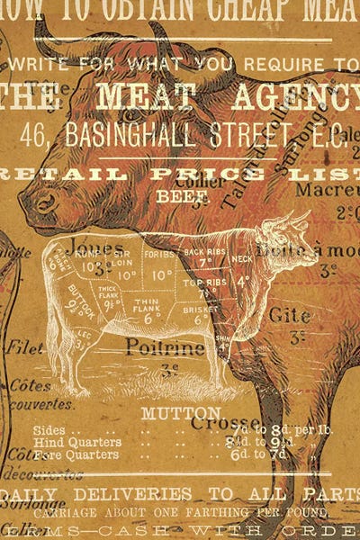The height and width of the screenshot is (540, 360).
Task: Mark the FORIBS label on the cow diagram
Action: (x=160, y=255)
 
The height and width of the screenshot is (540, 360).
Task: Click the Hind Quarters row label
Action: (x=77, y=442)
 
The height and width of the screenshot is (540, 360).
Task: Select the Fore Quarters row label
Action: (x=77, y=454)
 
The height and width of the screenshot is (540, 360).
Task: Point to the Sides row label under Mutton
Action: (x=50, y=429)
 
